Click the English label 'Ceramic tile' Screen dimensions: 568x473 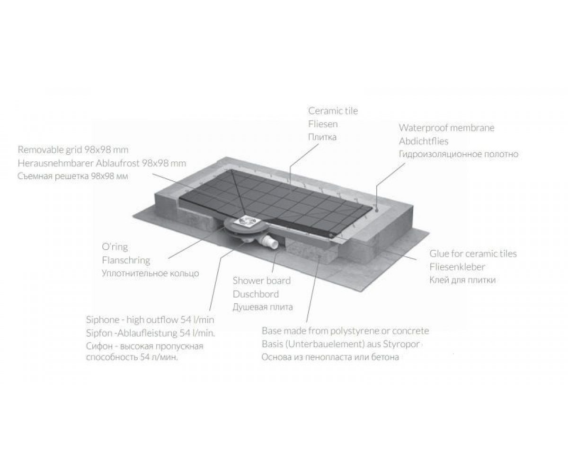point(333,111)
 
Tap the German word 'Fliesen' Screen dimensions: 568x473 point(323,124)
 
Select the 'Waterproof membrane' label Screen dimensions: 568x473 point(447,128)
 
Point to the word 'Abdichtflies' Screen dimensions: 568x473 point(424,141)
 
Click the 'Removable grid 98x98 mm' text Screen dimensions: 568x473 point(73,150)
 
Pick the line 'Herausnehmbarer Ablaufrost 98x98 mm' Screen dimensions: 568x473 point(102,163)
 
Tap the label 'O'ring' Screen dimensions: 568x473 point(115,247)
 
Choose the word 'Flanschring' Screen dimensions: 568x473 point(126,261)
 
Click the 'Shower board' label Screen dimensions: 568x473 point(262,280)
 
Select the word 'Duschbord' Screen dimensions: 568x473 point(256,294)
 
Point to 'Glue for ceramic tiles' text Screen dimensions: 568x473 point(473,254)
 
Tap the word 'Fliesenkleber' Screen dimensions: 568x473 point(457,267)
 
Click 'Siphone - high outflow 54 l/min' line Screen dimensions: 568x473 point(150,320)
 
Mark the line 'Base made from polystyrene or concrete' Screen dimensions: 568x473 point(345,331)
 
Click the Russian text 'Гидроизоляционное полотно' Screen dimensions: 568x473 point(459,154)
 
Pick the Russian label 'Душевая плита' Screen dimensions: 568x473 point(263,307)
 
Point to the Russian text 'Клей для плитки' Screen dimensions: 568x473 point(462,280)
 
